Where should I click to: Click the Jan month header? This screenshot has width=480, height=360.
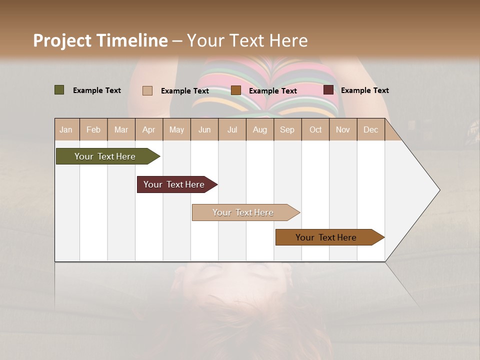tap(66, 130)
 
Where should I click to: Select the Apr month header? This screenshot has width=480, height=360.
tap(149, 130)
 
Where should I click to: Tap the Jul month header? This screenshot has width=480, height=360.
tap(232, 130)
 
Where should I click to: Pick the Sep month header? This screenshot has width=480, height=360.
tap(287, 130)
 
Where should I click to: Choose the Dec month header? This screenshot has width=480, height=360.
tap(370, 130)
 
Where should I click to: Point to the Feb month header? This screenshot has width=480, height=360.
tap(93, 130)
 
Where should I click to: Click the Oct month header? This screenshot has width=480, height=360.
tap(315, 130)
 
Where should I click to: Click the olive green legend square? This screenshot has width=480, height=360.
tap(59, 90)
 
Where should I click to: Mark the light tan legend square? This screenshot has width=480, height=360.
tap(147, 90)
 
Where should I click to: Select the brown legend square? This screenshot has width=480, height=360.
tap(236, 90)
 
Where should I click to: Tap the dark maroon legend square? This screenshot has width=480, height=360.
tap(328, 90)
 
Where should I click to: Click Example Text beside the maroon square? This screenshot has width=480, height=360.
tap(364, 90)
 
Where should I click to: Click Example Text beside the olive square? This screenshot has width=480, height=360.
tap(97, 90)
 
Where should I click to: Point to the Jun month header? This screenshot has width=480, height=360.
tap(204, 130)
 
